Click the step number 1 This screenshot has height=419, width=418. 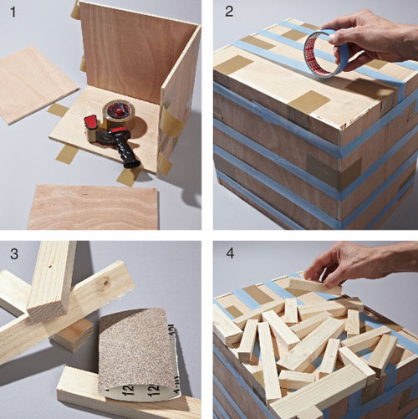pos(13,13)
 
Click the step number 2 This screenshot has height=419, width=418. pos(229,12)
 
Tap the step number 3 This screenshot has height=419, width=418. pos(14,254)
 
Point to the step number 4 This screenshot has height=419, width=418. pos(230,253)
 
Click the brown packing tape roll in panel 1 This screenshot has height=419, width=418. pos(119,113)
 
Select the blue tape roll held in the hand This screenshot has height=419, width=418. pos(327,54)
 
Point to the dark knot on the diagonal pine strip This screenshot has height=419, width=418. pos(106,283)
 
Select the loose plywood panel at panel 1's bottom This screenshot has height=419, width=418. pos(93,207)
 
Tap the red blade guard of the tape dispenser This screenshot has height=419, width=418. pos(91,123)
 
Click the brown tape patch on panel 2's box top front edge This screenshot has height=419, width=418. pos(308,103)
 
